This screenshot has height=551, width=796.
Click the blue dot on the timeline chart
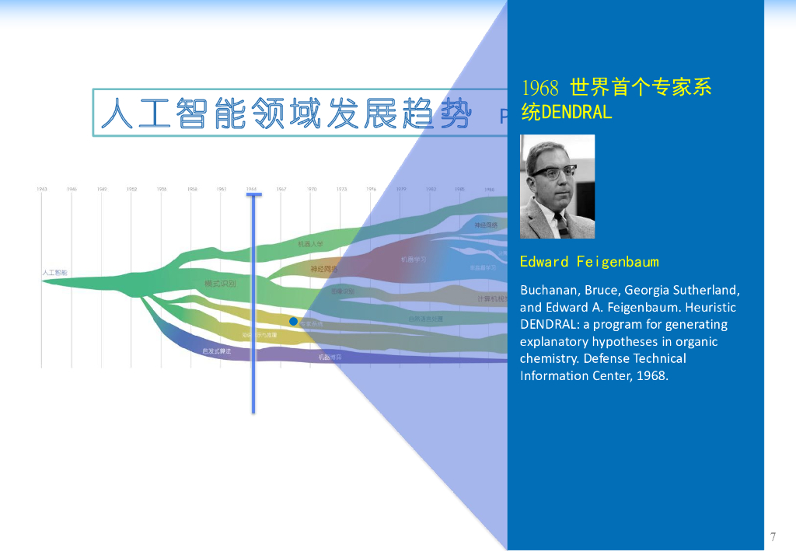pos(293,321)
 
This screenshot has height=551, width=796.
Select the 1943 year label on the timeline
pos(42,189)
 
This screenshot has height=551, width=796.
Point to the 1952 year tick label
pos(132,189)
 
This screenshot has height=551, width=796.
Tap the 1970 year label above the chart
pos(312,189)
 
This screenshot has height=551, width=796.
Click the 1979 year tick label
pos(401,189)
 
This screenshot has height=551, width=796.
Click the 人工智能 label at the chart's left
pos(54,273)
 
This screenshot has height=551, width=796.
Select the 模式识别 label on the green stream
pos(220,284)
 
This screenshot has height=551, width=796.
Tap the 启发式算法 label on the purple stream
pos(217,351)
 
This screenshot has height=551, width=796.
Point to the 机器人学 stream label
pos(310,244)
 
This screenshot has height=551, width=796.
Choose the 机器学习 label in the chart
pos(414,260)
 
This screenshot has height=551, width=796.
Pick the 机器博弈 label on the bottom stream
pos(330,357)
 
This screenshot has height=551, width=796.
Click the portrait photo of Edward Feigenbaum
pos(557,187)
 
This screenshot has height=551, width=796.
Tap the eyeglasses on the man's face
pos(553,171)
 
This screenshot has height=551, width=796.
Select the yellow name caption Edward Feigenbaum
pos(589,261)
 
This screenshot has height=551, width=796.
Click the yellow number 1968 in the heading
pos(540,88)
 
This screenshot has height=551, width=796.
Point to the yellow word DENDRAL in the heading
pos(576,113)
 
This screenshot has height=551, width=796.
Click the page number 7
pos(773,536)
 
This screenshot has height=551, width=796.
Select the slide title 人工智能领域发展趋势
pos(285,113)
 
